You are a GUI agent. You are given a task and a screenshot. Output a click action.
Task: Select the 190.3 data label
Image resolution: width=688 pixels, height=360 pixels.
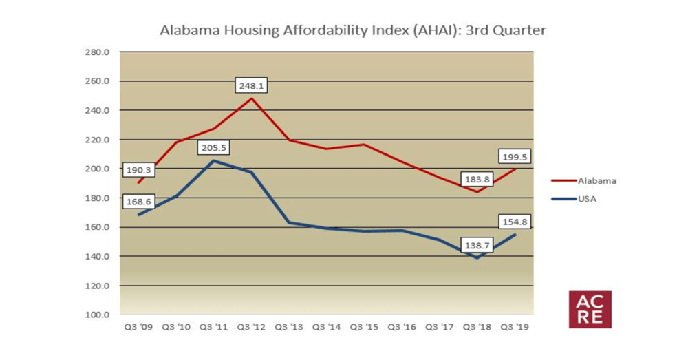140,169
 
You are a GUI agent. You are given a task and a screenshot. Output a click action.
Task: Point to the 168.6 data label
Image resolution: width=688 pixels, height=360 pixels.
140,202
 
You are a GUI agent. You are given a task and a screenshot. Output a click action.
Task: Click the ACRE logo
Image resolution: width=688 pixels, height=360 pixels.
590,309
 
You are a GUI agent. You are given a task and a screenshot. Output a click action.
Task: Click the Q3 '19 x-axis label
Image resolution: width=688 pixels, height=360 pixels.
514,328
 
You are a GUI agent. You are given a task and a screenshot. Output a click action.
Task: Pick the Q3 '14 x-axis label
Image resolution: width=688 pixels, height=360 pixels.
327,328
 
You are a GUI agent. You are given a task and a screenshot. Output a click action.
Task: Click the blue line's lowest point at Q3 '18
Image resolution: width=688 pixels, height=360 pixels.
476,257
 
